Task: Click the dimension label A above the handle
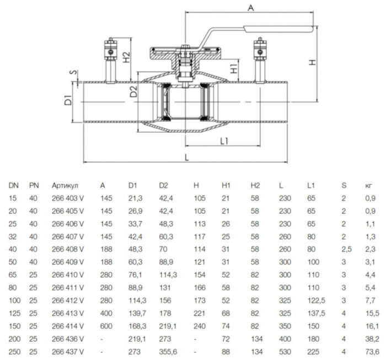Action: tap(251, 8)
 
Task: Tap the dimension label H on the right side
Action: tap(314, 62)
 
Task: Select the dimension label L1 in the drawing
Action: tap(224, 141)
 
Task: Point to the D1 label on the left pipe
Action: tap(66, 100)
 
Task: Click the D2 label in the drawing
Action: tap(132, 92)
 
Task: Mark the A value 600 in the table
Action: tap(105, 326)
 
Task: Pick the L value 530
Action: tap(286, 352)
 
